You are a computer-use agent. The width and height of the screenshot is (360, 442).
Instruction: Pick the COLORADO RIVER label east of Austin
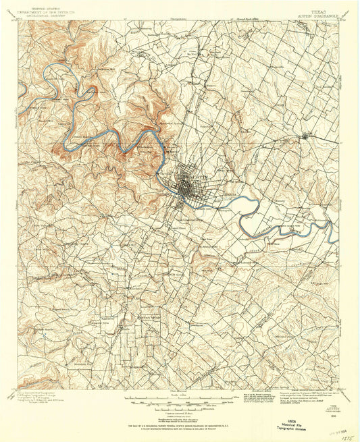coord(274,228)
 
